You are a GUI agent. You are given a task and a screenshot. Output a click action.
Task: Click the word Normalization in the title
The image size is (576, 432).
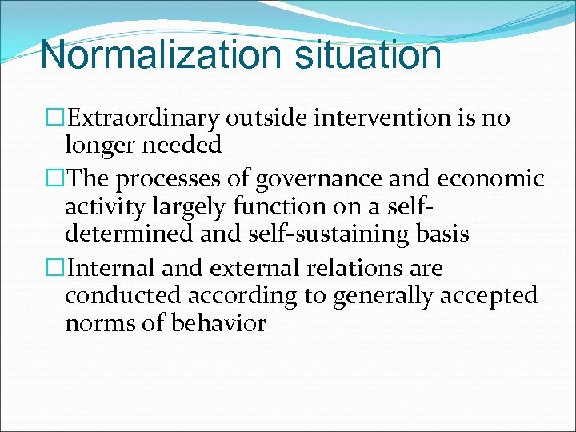(160, 54)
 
